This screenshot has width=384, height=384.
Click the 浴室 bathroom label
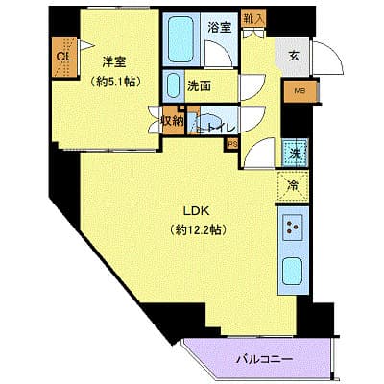pos(219,27)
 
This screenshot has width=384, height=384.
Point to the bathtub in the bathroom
pos(180,38)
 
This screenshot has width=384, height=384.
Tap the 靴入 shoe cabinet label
pos(252,18)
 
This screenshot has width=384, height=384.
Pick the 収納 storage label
pos(172,122)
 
